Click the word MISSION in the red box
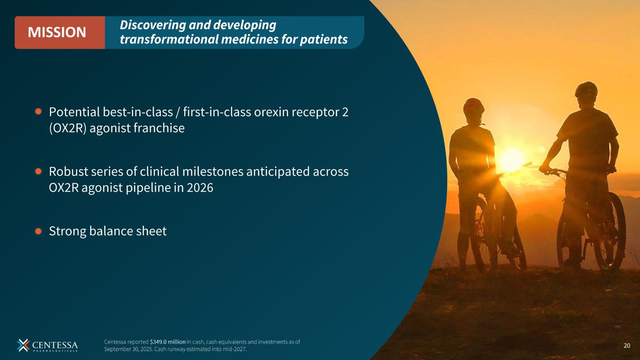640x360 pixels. coord(57,32)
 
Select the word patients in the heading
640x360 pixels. coord(324,39)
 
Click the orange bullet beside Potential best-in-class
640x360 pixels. coord(38,112)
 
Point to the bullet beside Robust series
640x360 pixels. coord(38,171)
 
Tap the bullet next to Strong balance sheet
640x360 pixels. coord(38,231)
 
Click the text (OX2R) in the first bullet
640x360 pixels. coord(68,128)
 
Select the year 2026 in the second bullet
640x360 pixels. coord(200,187)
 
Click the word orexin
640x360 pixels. coord(271,112)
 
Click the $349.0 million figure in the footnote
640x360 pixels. coord(167,342)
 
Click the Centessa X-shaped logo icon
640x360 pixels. coord(23,345)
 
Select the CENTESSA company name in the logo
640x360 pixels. coord(55,345)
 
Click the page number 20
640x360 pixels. coord(627,345)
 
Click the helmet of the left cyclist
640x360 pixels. coord(474,106)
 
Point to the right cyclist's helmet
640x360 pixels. coord(586,90)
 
